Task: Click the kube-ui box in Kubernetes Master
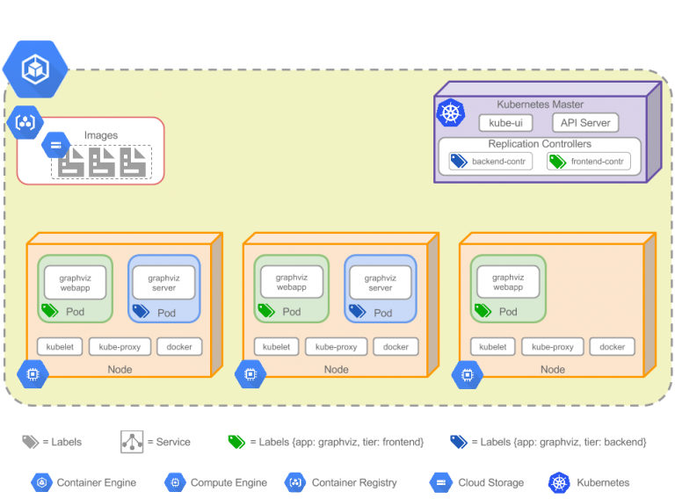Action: (505, 123)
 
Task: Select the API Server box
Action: (584, 123)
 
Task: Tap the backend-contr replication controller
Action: (490, 162)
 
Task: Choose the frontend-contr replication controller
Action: (589, 162)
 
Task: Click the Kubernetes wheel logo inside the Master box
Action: (450, 112)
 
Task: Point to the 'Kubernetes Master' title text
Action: (540, 105)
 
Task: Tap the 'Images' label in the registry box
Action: (101, 135)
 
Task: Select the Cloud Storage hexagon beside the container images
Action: (55, 144)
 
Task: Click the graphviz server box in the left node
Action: (163, 283)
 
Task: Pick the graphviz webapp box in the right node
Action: (508, 283)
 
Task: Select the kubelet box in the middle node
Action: (276, 347)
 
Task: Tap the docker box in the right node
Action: (612, 347)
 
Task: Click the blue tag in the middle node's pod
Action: (357, 311)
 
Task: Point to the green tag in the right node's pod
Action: (483, 311)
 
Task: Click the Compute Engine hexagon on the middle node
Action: (250, 374)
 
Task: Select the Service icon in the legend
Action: (132, 442)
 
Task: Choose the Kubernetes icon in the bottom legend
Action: (559, 482)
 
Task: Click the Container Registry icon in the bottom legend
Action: (295, 482)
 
